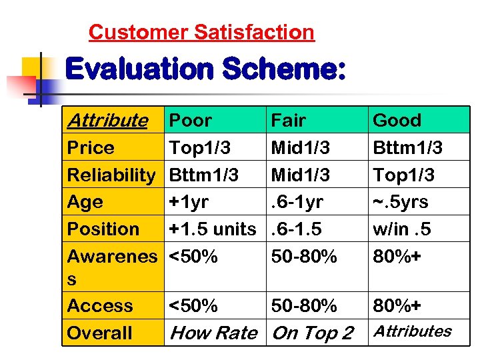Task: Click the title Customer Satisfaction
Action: (x=201, y=32)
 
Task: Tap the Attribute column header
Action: (x=107, y=121)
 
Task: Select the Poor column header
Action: (x=191, y=121)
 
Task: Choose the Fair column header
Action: (x=288, y=121)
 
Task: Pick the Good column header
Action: (x=397, y=121)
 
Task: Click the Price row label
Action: (x=91, y=148)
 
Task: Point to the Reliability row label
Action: (x=111, y=175)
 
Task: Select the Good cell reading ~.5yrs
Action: (x=400, y=202)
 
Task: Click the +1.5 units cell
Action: (x=213, y=229)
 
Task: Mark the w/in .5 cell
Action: (x=401, y=229)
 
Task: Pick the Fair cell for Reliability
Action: (x=300, y=175)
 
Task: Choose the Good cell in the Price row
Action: (x=407, y=148)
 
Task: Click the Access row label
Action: (x=100, y=306)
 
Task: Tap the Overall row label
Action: (x=100, y=333)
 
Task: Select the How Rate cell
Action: (x=213, y=333)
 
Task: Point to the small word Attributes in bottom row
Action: (x=411, y=331)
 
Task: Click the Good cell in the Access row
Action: (x=398, y=306)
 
